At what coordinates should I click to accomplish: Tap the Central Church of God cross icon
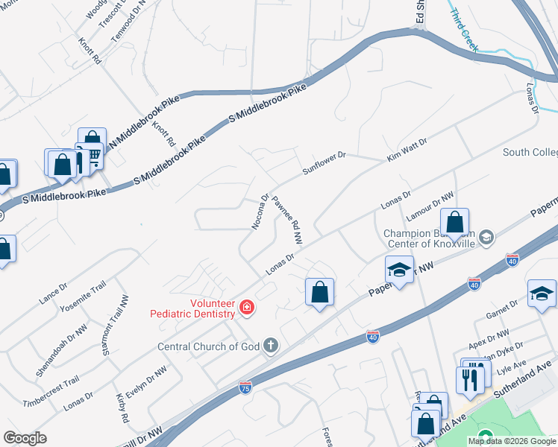(x=271, y=346)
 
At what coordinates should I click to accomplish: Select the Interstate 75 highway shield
(x=245, y=387)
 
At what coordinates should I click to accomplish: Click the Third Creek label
(x=462, y=23)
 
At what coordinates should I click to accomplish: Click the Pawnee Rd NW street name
(x=287, y=221)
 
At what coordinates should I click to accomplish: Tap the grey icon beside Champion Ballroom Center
(x=486, y=238)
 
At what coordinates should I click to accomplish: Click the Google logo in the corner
(x=25, y=438)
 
